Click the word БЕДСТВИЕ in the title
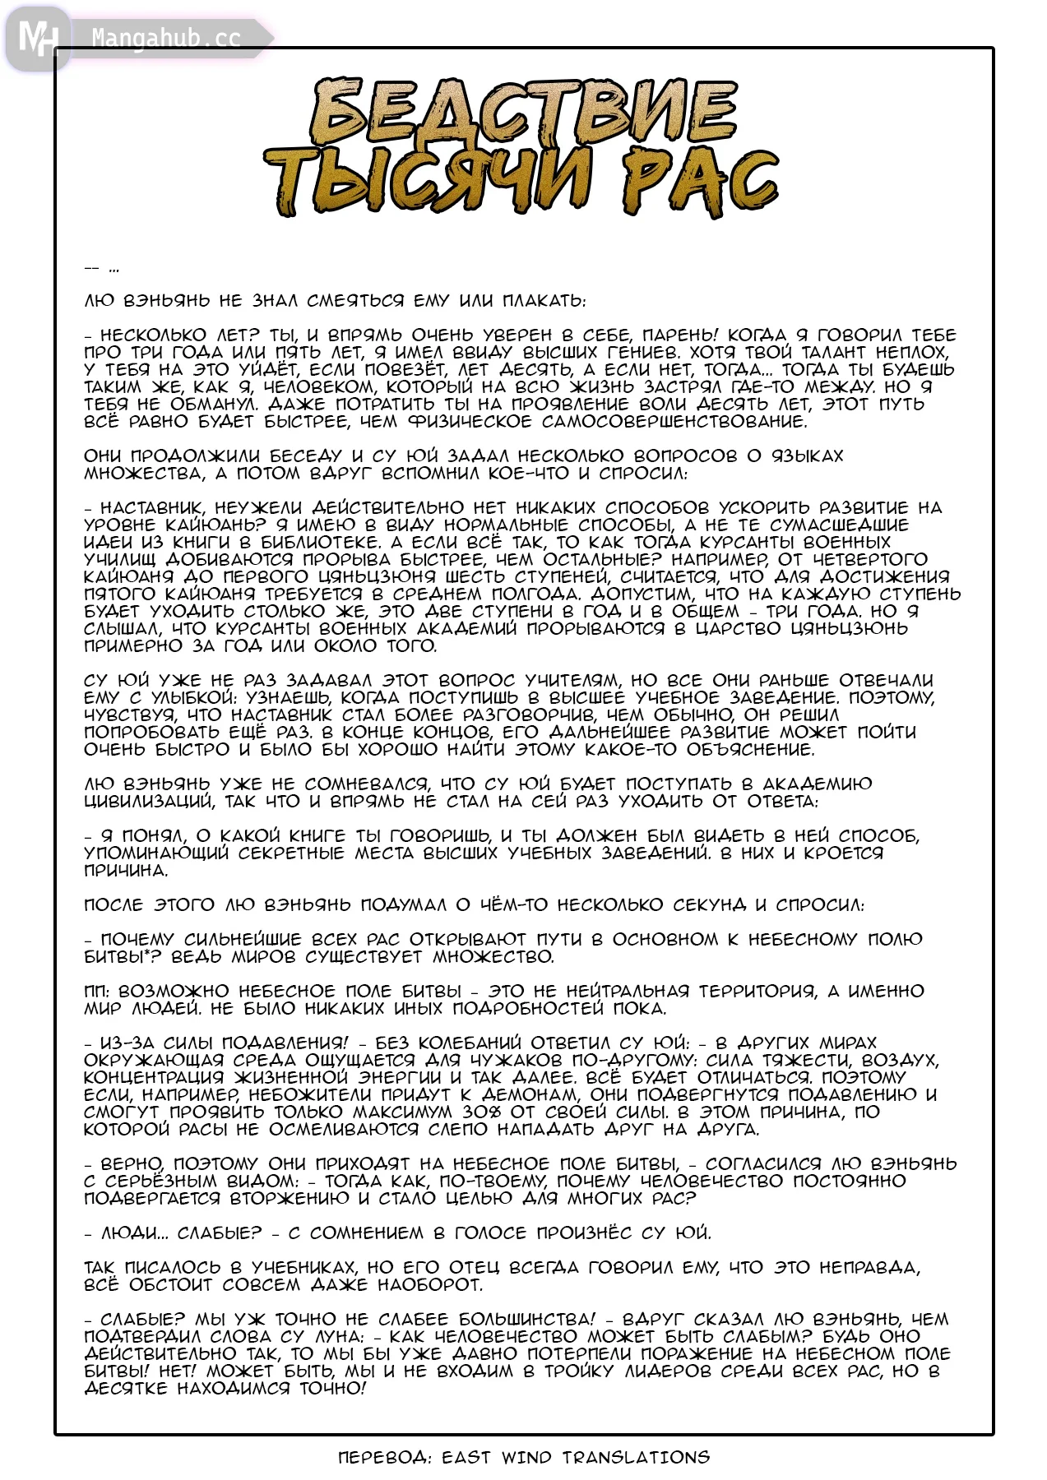point(524,113)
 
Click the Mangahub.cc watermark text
point(166,39)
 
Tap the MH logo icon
point(37,38)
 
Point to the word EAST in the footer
point(466,1458)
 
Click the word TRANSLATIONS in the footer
point(636,1458)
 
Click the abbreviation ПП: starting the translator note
point(98,992)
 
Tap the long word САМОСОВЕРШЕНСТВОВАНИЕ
point(674,422)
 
